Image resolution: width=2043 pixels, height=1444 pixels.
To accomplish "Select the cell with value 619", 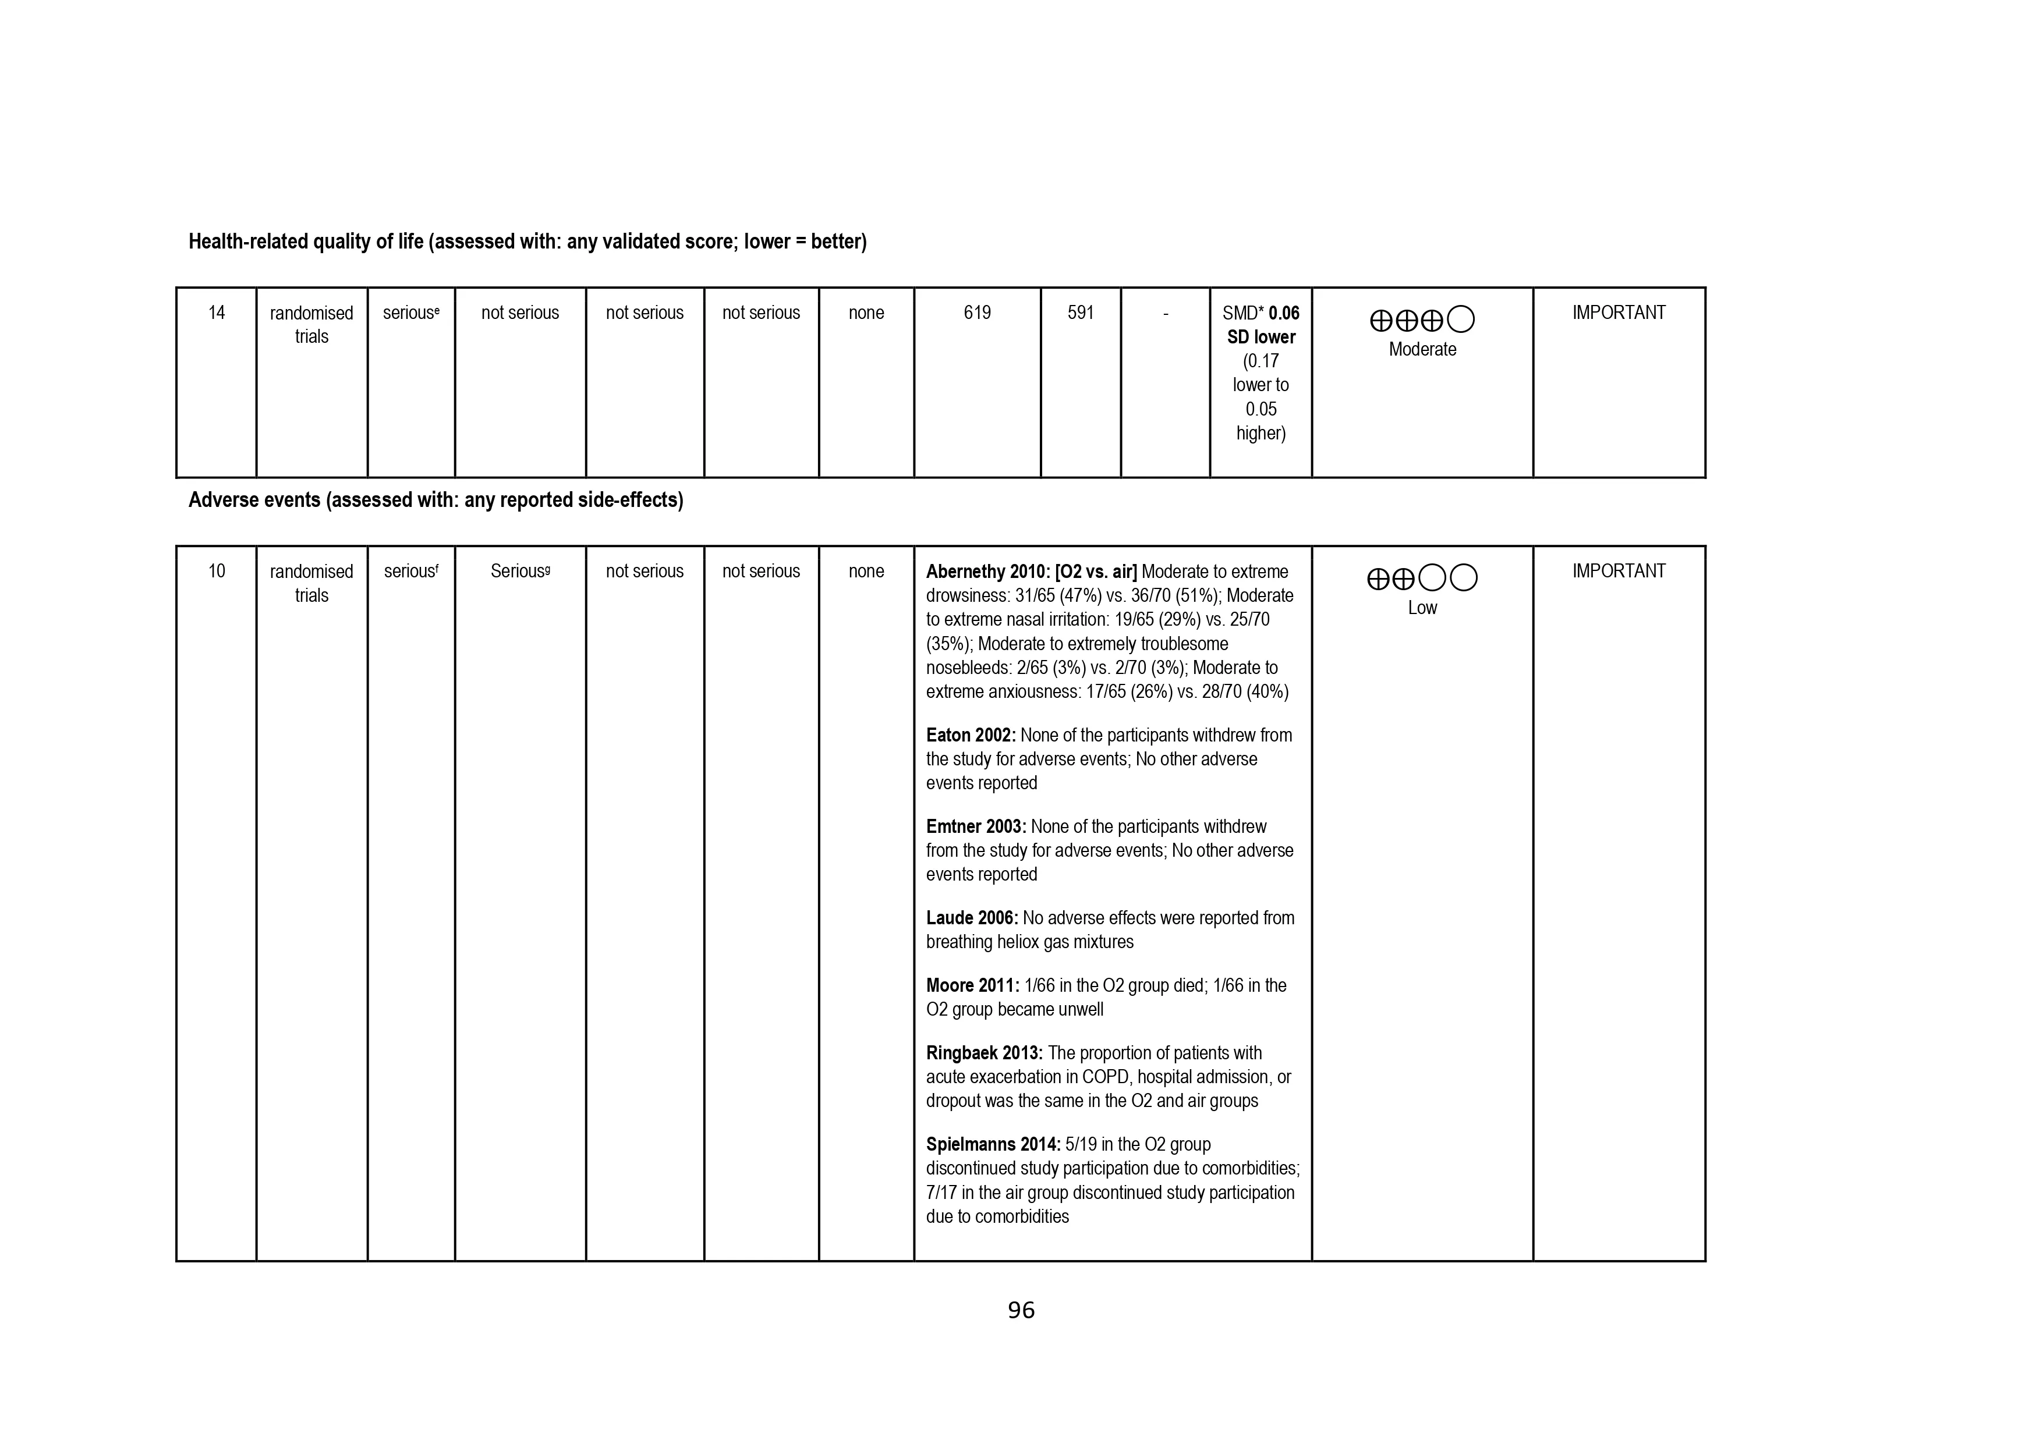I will [976, 313].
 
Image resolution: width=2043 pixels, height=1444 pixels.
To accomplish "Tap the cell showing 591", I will [1080, 313].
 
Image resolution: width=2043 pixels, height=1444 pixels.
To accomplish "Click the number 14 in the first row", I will [216, 313].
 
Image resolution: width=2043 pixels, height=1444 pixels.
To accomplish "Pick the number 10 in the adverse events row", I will [216, 571].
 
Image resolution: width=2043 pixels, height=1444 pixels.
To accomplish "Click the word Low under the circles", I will [1422, 608].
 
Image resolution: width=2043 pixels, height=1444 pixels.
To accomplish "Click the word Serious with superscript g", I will [517, 571].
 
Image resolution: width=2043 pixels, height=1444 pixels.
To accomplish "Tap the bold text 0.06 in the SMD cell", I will [1284, 313].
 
